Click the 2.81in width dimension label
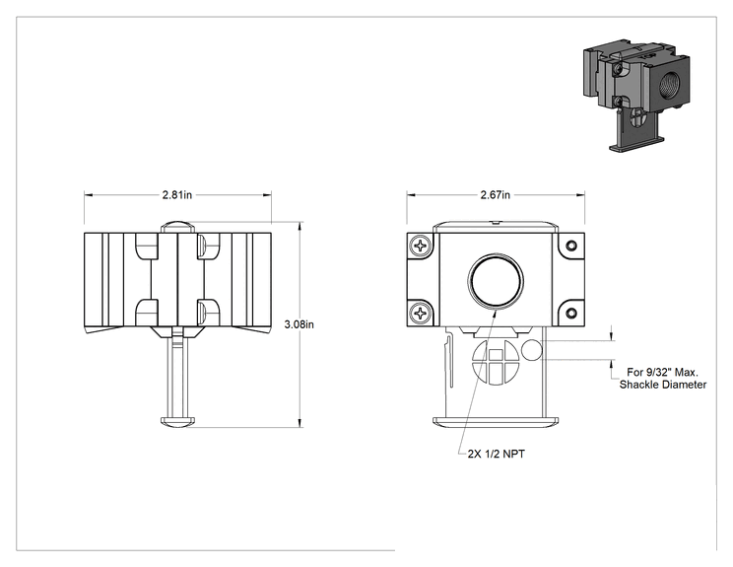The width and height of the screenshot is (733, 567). pyautogui.click(x=177, y=194)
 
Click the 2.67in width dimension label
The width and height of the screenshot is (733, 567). pyautogui.click(x=496, y=194)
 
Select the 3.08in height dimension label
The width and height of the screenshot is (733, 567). pyautogui.click(x=300, y=324)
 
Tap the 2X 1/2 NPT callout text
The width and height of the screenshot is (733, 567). pyautogui.click(x=496, y=454)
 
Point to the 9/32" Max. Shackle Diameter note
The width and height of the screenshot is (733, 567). pyautogui.click(x=663, y=379)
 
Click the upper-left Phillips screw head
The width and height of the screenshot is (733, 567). pyautogui.click(x=421, y=246)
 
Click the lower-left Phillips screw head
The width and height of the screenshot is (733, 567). pyautogui.click(x=421, y=313)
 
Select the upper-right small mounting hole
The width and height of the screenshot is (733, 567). pyautogui.click(x=570, y=246)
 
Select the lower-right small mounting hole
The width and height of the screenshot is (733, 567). pyautogui.click(x=570, y=313)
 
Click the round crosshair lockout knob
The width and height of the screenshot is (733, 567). pyautogui.click(x=496, y=361)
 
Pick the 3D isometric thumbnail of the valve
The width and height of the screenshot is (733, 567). pyautogui.click(x=636, y=95)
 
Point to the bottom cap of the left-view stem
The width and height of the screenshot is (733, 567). pyautogui.click(x=177, y=421)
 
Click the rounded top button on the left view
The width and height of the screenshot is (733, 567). pyautogui.click(x=177, y=227)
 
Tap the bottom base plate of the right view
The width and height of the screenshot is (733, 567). pyautogui.click(x=496, y=421)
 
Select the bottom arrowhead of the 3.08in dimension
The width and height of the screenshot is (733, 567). pyautogui.click(x=300, y=423)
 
